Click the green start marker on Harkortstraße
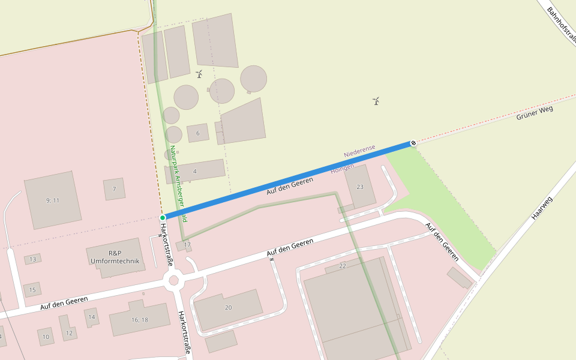pos(163,217)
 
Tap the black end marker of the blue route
pos(413,143)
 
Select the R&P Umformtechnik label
pos(115,257)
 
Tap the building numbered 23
pos(360,187)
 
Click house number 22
pos(343,265)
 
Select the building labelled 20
pos(228,308)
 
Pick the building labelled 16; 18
pos(139,320)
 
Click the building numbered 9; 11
pos(53,200)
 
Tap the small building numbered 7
pos(114,189)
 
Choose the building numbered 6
pos(198,133)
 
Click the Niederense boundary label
pos(359,151)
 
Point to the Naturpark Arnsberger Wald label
pos(178,180)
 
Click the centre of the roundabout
pos(173,280)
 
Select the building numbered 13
pos(32,259)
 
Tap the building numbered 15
pos(32,290)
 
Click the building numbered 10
pos(46,337)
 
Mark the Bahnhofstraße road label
pos(562,24)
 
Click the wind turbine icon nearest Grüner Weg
pos(376,101)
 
